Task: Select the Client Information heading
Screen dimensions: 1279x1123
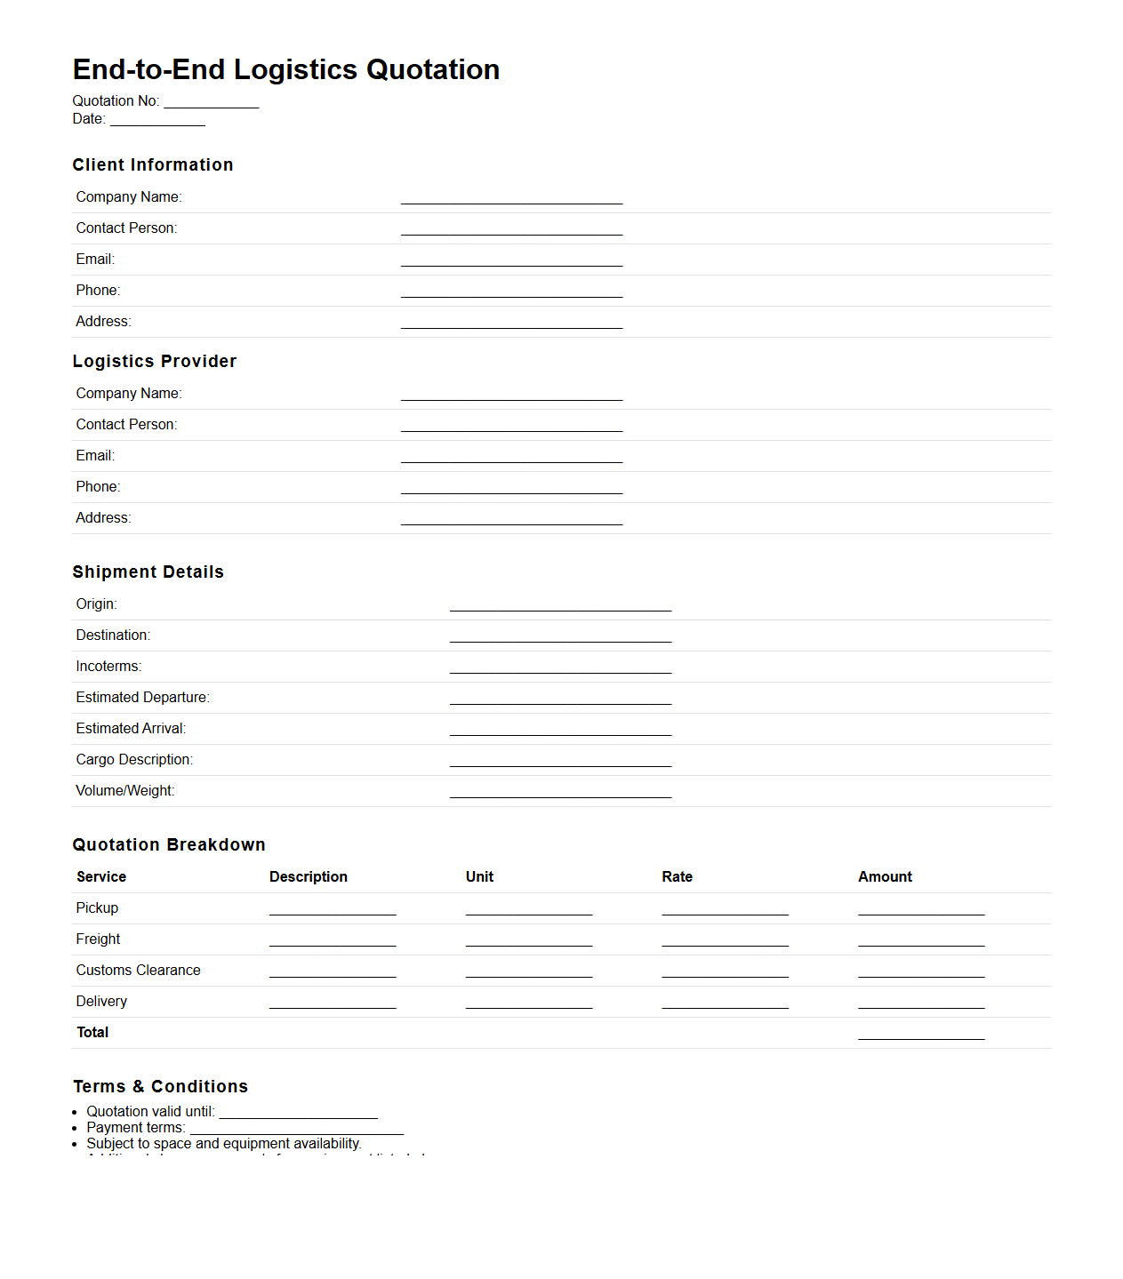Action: coord(153,165)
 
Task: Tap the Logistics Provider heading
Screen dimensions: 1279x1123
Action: coord(155,362)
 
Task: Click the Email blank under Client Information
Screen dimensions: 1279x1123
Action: coord(511,261)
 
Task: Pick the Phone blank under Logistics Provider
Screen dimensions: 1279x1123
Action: coord(511,489)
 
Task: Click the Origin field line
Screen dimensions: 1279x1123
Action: coord(560,606)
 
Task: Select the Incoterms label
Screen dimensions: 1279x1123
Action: coord(108,667)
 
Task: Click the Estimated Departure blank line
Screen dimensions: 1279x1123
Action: coord(560,699)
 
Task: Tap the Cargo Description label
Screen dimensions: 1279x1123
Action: coord(134,760)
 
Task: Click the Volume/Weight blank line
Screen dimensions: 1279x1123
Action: coord(560,793)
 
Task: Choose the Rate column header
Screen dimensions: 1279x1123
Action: coord(677,877)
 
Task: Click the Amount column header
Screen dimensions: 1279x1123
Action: coord(885,877)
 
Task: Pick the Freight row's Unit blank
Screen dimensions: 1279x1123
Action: coord(528,941)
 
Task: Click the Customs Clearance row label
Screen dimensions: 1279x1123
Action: coord(138,971)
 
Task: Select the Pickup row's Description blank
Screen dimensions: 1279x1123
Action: coord(333,910)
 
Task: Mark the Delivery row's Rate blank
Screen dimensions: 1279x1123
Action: coord(725,1003)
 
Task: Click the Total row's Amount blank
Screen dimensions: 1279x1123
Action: coord(921,1035)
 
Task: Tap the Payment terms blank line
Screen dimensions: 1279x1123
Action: coord(297,1130)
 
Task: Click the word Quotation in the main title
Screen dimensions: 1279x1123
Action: coord(433,70)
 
